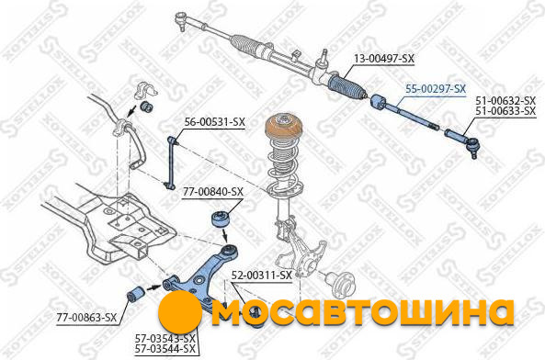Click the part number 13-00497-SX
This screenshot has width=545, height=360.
point(384,59)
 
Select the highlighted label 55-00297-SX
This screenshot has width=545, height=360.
point(436,89)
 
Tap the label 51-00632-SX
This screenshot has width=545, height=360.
point(505,101)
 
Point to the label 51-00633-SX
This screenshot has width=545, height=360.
point(505,111)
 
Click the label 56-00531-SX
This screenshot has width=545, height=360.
point(215,122)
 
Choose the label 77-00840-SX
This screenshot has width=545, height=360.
point(213,192)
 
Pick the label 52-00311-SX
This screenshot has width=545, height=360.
point(262,276)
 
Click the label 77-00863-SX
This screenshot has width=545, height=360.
point(87,318)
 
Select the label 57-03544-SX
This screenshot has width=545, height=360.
point(165,349)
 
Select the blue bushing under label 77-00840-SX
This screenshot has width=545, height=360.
point(222,219)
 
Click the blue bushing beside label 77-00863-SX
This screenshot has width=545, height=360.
point(135,295)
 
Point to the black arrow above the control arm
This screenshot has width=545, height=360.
point(225,236)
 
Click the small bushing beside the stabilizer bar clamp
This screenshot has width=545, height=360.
point(147,107)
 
